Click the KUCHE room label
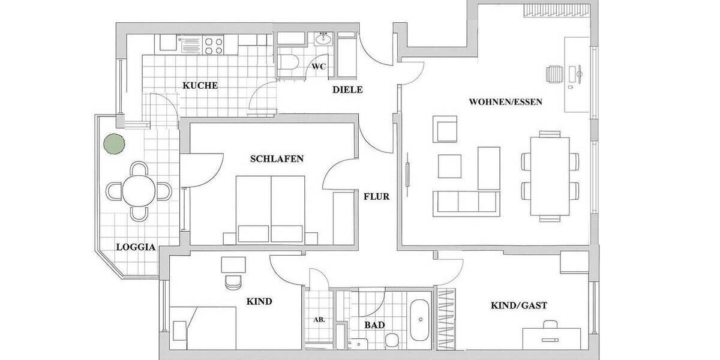coord(200,85)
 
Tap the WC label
coord(319,67)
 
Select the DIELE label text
coord(348,90)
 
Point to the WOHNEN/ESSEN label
coord(505,102)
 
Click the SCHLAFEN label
coord(277,159)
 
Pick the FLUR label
coord(377,196)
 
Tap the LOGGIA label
coord(136,247)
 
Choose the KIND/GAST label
coord(519,305)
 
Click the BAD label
coord(374,325)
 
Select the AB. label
coord(319,320)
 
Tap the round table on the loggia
coord(139,191)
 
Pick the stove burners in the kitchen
coord(214,46)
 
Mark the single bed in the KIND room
coord(204,327)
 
